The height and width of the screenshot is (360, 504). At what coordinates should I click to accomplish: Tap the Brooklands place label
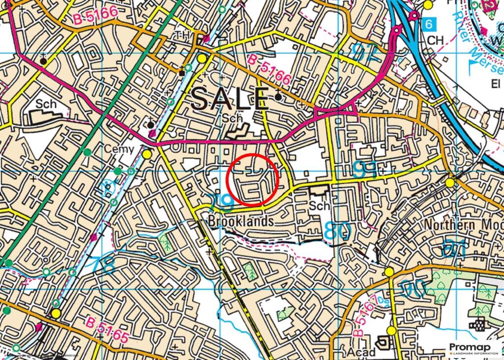[241, 221]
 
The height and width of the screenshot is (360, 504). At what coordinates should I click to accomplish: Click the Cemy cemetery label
[116, 149]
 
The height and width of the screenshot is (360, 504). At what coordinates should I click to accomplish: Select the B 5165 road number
[107, 331]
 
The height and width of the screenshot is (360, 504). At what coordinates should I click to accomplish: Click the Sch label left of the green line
[46, 104]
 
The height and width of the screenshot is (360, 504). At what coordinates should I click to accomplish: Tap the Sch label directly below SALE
[231, 119]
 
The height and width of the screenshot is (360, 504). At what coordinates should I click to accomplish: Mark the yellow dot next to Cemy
[147, 155]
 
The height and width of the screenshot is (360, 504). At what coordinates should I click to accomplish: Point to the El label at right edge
[496, 84]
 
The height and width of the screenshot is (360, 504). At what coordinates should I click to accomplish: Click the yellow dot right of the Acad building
[391, 330]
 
